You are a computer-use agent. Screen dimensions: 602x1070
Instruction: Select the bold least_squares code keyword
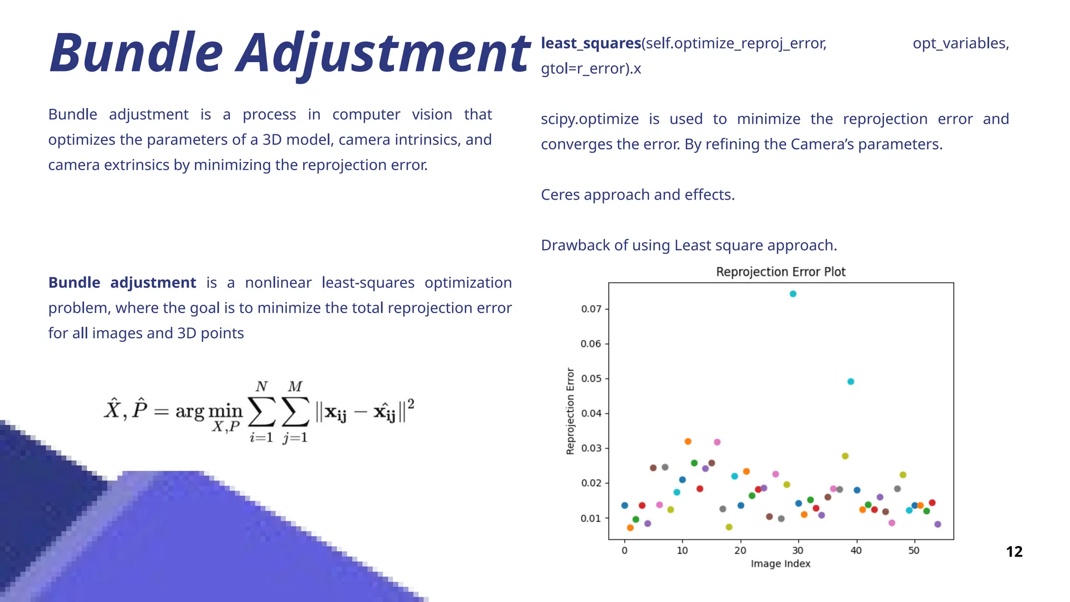591,43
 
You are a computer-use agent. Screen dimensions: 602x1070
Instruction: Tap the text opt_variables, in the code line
960,43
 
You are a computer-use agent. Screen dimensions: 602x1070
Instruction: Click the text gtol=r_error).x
590,69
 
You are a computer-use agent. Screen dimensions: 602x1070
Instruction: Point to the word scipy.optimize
589,119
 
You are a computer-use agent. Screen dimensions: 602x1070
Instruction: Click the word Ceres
560,195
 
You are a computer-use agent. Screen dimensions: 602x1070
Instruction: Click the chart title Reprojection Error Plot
781,272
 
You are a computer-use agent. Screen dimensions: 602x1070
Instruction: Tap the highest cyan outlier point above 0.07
793,294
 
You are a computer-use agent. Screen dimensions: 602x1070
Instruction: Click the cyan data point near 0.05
851,381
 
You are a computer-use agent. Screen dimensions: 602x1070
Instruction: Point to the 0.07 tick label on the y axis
591,309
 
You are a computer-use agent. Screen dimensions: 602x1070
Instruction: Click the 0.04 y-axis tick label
591,413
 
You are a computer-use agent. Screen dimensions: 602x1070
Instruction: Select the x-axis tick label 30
798,550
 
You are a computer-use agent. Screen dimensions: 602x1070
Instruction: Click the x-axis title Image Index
781,564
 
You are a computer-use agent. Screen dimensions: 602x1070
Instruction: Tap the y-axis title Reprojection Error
571,411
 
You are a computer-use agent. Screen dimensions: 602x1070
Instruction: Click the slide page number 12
1014,552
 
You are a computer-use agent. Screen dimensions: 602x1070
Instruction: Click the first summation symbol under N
261,412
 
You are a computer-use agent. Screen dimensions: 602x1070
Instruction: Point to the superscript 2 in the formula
411,404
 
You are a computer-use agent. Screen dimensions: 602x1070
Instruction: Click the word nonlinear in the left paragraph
278,283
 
